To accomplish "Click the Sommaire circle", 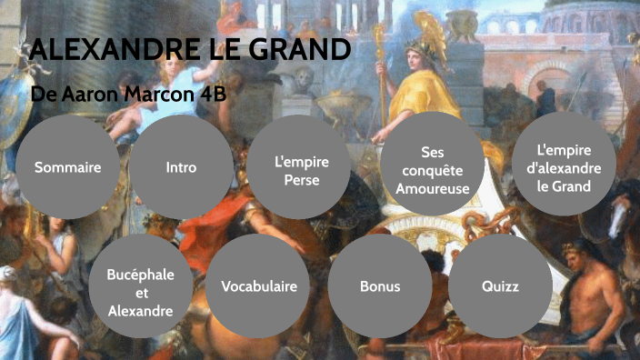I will pyautogui.click(x=67, y=168).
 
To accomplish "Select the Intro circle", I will pyautogui.click(x=181, y=168).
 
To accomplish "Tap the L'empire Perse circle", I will pyautogui.click(x=301, y=170).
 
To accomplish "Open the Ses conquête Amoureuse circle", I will pyautogui.click(x=432, y=170).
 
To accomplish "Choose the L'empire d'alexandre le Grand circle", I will pyautogui.click(x=565, y=168).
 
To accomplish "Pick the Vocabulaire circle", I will pyautogui.click(x=259, y=286).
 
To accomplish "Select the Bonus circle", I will pyautogui.click(x=380, y=286).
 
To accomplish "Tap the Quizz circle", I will pyautogui.click(x=500, y=286).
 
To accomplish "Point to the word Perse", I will pyautogui.click(x=301, y=179).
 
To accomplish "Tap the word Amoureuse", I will pyautogui.click(x=432, y=189).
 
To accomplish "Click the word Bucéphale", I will pyautogui.click(x=141, y=275).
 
